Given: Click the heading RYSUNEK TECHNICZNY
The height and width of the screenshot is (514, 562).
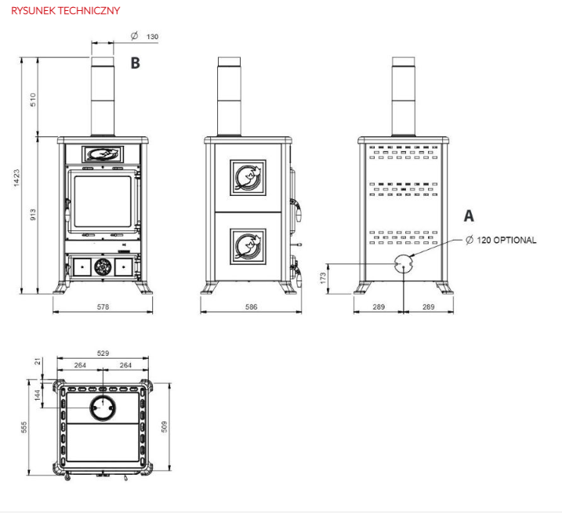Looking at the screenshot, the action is (66, 10).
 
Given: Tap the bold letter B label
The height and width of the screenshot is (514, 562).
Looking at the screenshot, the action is (135, 63).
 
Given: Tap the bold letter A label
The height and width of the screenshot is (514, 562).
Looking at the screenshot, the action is (469, 215).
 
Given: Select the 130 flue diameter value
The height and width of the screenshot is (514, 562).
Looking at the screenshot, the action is (152, 37).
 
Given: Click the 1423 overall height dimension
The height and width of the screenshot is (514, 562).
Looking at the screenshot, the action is (16, 178).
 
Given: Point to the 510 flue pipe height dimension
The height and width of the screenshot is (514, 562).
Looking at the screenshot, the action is (33, 100).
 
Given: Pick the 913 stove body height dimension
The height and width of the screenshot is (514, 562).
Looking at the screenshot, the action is (33, 215).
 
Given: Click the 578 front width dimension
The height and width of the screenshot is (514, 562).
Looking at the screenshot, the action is (103, 307).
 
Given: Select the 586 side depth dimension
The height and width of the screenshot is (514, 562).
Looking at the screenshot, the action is (252, 307).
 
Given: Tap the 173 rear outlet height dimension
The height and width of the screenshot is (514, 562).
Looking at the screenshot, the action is (323, 278).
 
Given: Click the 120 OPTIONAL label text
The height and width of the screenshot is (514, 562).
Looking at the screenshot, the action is (506, 240).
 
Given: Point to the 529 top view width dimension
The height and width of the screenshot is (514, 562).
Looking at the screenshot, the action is (103, 353).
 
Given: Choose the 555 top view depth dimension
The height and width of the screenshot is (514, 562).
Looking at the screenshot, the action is (24, 427).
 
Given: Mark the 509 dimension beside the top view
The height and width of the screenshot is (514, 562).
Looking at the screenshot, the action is (164, 426).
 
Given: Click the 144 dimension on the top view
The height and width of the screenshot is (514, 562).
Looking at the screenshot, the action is (38, 395).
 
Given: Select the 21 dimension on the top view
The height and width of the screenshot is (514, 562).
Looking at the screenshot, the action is (38, 362).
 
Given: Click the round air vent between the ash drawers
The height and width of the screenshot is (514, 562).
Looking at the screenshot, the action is (103, 267).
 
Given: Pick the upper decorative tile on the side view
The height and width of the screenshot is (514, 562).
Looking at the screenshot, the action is (248, 178).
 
